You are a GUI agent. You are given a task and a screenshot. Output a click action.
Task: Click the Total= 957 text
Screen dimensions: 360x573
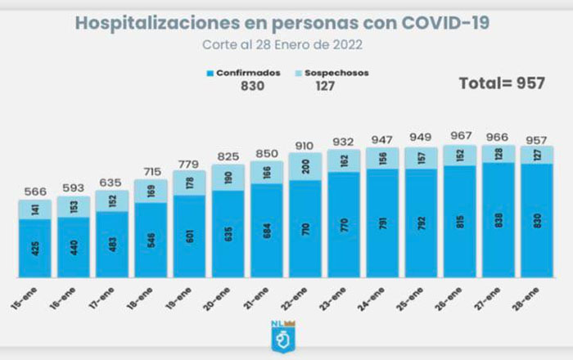501,83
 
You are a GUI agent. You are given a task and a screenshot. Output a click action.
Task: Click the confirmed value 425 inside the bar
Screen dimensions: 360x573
34,249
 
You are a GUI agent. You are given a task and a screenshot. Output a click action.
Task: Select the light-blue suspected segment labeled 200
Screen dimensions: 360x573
305,166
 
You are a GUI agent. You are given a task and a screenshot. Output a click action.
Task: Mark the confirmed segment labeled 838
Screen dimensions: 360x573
499,219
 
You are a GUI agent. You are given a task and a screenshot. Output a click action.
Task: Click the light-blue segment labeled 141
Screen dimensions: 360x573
34,209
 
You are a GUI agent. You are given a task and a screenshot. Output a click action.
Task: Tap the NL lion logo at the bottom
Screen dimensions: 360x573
282,337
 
